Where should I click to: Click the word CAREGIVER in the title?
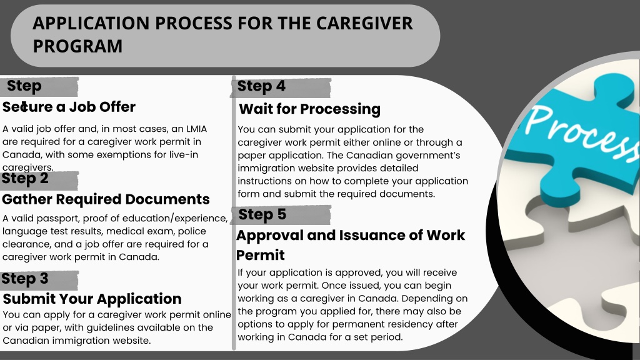tap(364, 23)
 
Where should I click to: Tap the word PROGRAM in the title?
tap(77, 46)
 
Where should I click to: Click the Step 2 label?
tap(25, 178)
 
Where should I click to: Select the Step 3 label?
tap(25, 279)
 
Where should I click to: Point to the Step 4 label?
tap(261, 86)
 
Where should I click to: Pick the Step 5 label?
tap(262, 215)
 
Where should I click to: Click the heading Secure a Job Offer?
tap(69, 107)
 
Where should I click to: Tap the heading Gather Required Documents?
tap(106, 199)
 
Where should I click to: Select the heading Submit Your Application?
tap(92, 299)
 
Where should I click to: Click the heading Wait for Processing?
tap(310, 109)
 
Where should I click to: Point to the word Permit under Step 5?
tap(261, 255)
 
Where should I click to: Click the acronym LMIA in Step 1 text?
tap(197, 129)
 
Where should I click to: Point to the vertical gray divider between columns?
tap(234, 212)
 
